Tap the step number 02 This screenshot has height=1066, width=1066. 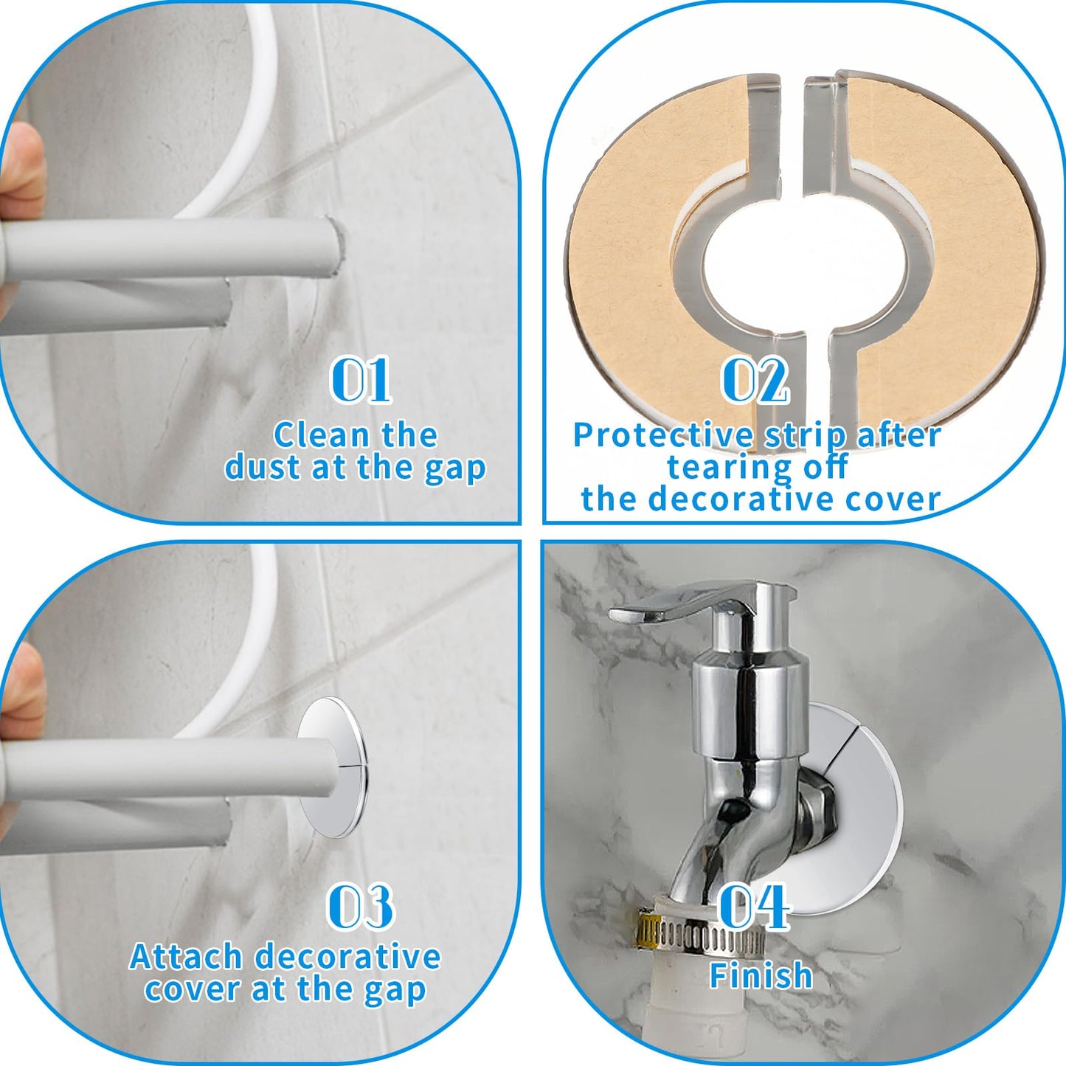click(x=755, y=380)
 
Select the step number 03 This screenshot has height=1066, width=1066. click(x=360, y=907)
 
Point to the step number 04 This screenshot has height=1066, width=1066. click(x=754, y=906)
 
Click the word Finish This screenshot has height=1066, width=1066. click(x=761, y=975)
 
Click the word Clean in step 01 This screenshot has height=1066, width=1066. click(x=310, y=435)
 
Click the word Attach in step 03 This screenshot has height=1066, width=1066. click(x=186, y=957)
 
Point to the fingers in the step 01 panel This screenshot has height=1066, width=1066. click(x=21, y=177)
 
